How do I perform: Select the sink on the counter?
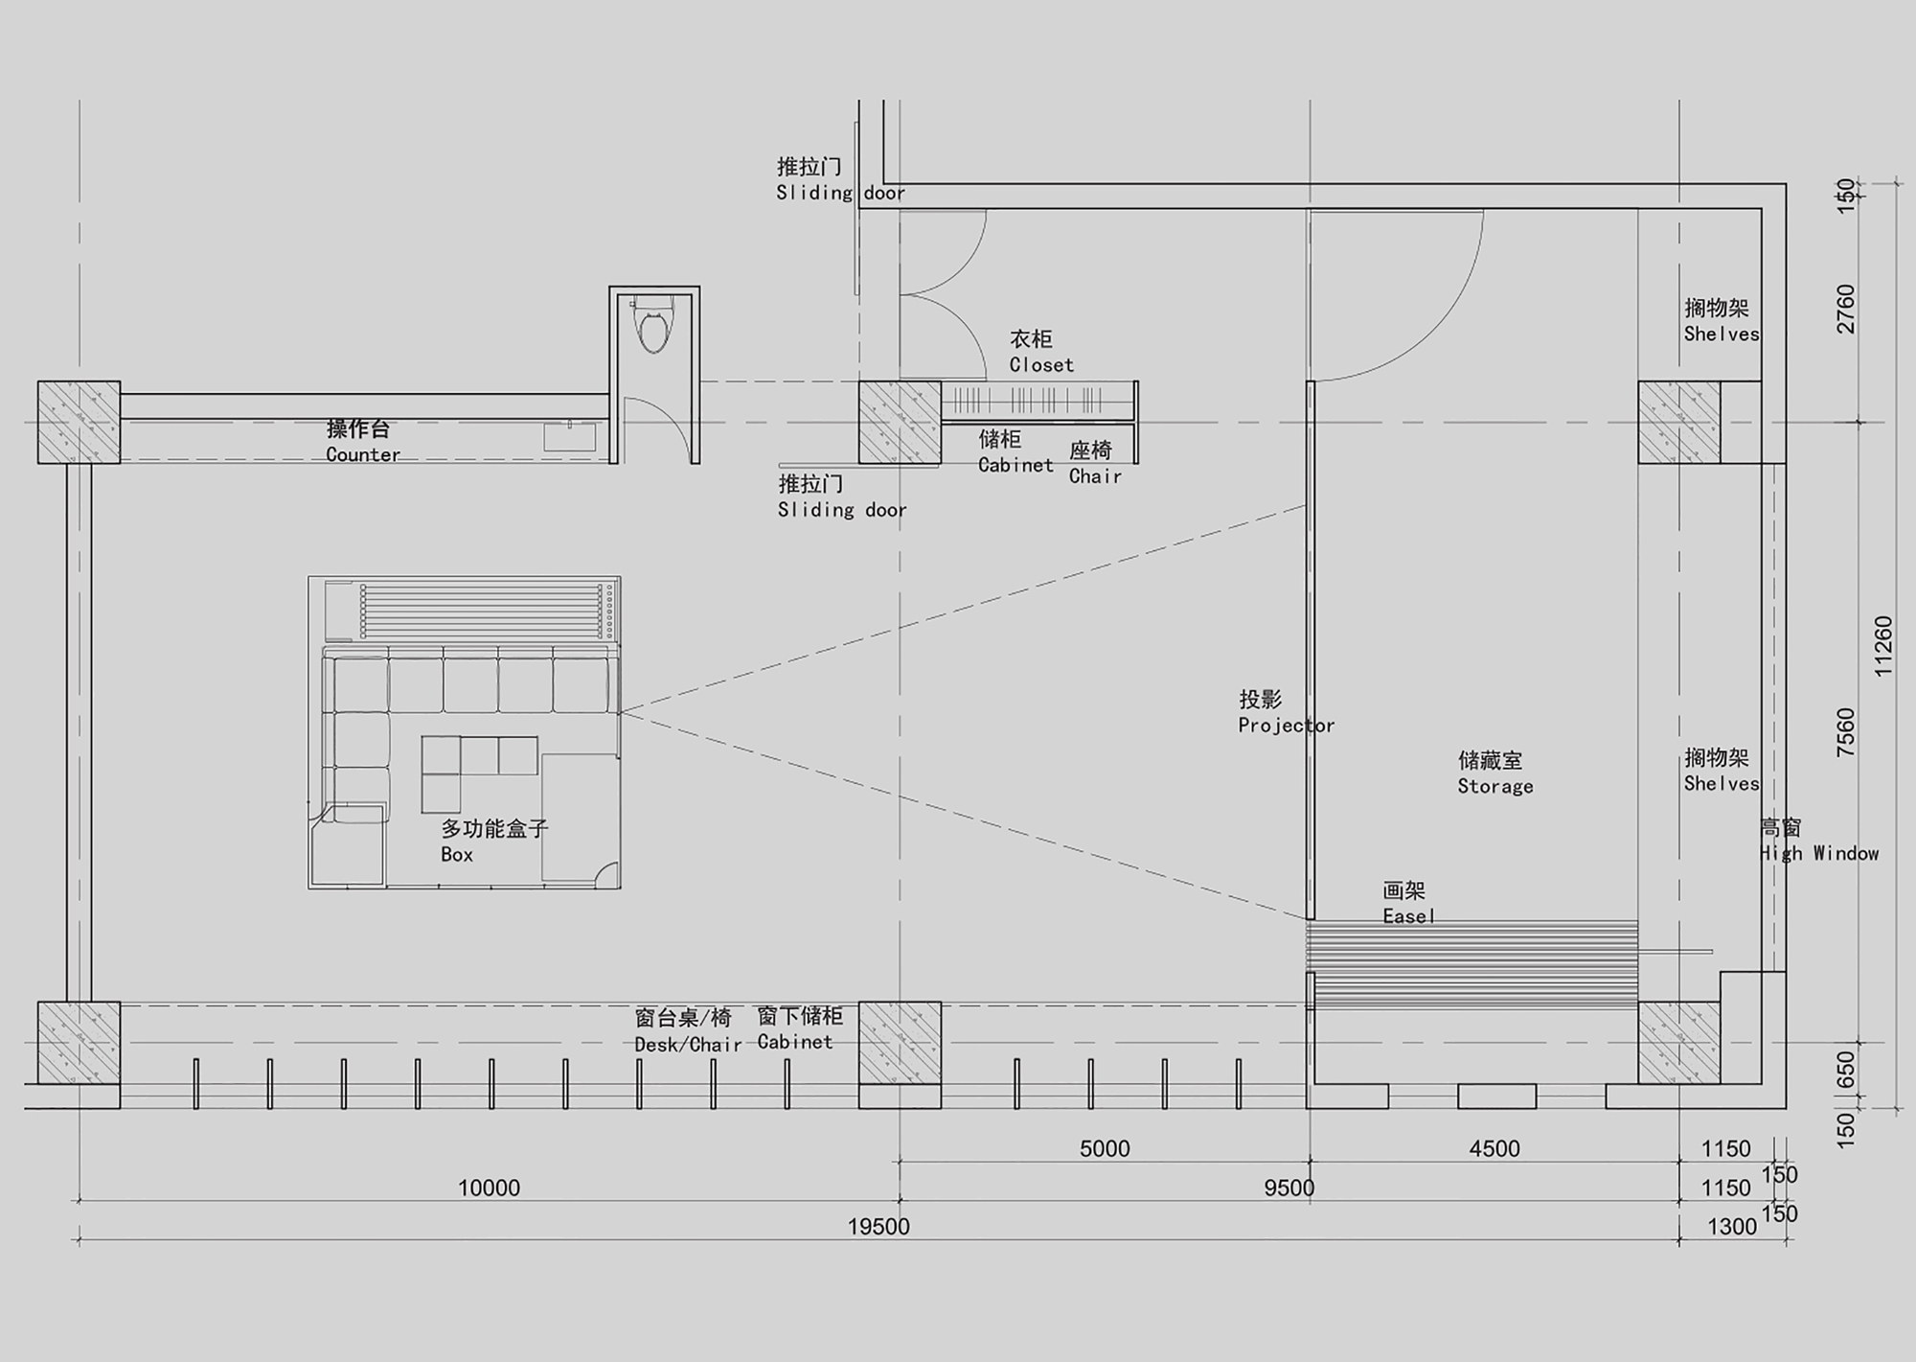[569, 437]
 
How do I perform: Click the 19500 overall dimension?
[878, 1226]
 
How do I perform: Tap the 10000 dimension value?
[489, 1188]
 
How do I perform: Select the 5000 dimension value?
[1105, 1148]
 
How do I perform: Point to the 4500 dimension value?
[1494, 1148]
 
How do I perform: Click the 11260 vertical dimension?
[1883, 646]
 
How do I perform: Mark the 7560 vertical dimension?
[1846, 732]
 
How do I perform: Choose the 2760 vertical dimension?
[1846, 309]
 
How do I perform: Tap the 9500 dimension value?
[1289, 1188]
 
